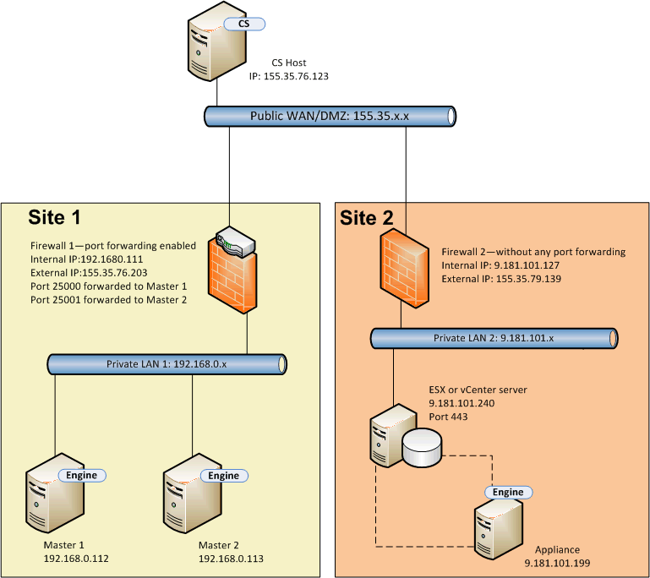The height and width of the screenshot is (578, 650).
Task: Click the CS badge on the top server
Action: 243,24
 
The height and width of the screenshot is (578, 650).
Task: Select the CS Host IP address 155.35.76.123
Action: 288,76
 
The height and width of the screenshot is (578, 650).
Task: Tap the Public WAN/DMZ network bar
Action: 330,117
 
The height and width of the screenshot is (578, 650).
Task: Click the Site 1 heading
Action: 55,217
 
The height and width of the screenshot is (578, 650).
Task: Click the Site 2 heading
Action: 367,218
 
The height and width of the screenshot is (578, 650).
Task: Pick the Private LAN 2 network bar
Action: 494,338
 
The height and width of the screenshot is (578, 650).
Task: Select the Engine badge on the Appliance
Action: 508,492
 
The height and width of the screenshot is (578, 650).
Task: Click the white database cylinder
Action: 422,447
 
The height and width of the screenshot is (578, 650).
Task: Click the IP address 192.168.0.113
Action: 232,559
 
